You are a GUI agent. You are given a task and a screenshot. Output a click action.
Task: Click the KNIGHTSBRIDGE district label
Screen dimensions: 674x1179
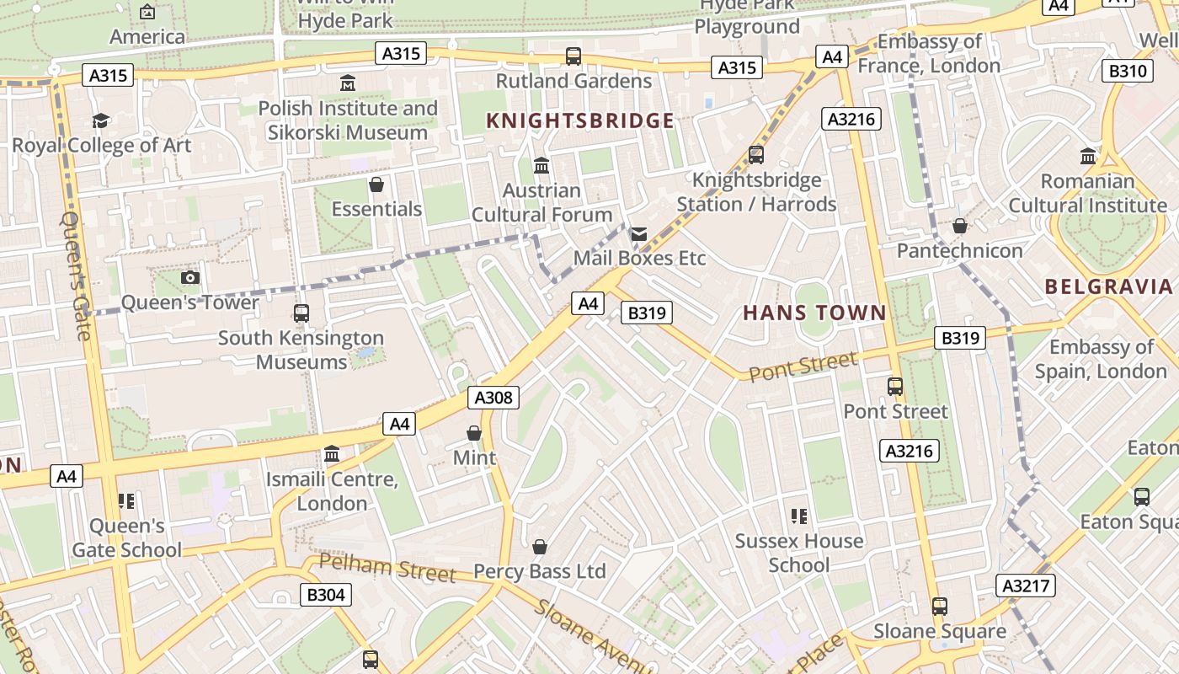click(580, 120)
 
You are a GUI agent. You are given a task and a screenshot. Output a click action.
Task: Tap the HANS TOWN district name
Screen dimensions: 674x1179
click(814, 313)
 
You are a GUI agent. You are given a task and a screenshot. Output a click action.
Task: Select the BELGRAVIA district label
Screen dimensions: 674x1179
click(1108, 286)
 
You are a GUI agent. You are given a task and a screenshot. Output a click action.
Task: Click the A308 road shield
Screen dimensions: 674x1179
click(493, 398)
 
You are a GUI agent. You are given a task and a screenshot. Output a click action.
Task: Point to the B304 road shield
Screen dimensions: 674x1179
click(326, 595)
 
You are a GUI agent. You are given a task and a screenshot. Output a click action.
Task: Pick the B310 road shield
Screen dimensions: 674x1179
click(1128, 71)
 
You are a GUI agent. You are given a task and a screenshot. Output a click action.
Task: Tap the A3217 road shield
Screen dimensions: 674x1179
click(1026, 585)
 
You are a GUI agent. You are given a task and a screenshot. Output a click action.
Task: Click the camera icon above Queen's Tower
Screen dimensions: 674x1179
click(190, 277)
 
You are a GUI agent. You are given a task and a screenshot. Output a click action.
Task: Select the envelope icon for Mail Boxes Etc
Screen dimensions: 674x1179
click(639, 233)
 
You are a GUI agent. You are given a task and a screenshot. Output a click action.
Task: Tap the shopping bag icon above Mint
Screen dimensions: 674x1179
click(474, 433)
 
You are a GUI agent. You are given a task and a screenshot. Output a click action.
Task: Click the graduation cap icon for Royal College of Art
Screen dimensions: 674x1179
click(101, 120)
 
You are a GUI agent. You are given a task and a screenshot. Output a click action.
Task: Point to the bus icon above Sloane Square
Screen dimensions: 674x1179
click(939, 607)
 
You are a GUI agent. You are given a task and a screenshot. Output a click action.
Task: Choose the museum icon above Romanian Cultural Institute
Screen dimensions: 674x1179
click(1087, 157)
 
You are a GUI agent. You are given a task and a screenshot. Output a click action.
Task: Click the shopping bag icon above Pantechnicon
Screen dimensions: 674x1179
click(959, 226)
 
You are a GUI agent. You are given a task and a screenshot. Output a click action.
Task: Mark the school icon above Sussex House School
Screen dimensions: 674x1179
click(799, 516)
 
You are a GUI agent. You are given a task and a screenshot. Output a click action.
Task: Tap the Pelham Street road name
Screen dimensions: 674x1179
click(387, 568)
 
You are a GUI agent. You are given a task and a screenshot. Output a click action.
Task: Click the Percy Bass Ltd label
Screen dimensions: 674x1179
click(540, 571)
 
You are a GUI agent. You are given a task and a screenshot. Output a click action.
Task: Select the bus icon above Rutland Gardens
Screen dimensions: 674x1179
click(573, 56)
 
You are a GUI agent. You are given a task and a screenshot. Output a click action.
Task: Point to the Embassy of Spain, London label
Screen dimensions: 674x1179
click(1101, 359)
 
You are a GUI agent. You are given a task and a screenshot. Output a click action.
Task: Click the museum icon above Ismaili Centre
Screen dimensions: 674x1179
click(332, 454)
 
